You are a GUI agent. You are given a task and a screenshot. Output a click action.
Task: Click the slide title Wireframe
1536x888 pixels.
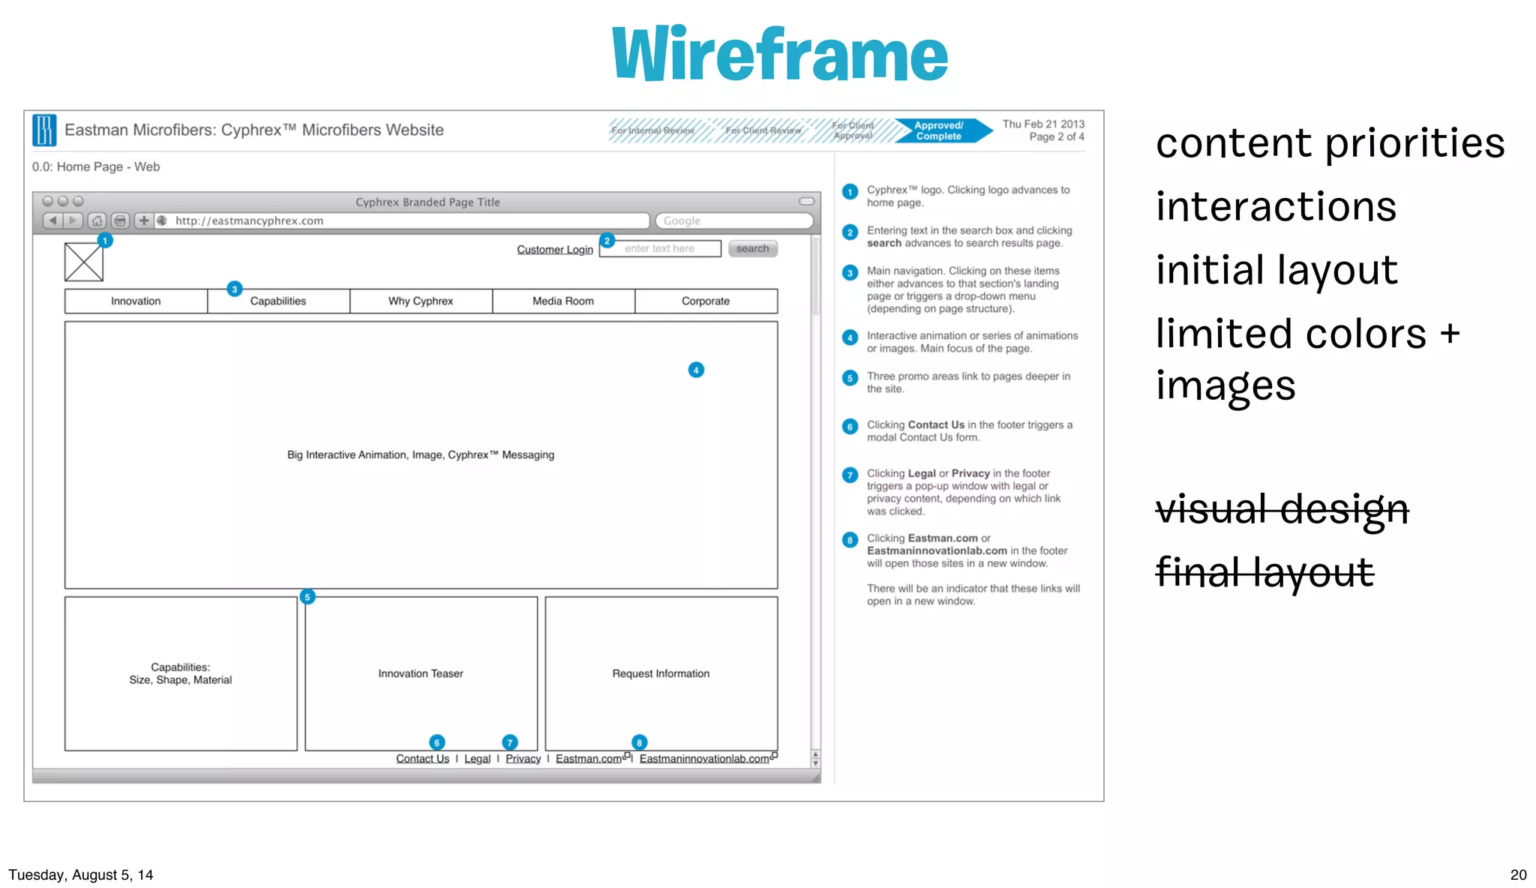(779, 53)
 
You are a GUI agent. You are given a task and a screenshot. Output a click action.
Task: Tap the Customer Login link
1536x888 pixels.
(554, 249)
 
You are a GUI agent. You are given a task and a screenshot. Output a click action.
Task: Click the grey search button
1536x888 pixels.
(752, 248)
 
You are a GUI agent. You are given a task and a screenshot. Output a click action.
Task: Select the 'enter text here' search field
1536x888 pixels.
(660, 248)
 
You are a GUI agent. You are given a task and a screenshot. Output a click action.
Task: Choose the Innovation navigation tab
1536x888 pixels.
(136, 301)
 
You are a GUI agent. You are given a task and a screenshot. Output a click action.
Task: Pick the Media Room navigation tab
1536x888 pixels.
(562, 301)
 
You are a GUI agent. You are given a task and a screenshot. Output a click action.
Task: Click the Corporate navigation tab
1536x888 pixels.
(705, 301)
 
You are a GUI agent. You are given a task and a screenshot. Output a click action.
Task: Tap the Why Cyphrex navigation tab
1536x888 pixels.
(420, 301)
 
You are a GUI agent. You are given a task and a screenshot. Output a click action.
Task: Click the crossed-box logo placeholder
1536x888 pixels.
(84, 262)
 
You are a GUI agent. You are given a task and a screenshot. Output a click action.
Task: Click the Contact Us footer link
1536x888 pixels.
(422, 758)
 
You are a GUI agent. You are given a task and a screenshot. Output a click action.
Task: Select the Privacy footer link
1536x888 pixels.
(523, 758)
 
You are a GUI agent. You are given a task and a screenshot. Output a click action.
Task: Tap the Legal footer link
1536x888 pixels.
(477, 758)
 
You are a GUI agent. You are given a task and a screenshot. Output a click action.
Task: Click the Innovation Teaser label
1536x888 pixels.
(420, 673)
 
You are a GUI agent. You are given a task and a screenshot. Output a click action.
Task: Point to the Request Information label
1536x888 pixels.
(660, 673)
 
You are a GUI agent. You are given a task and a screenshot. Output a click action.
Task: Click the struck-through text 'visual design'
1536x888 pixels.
(1282, 509)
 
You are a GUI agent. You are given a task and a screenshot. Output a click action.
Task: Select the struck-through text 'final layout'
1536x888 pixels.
(1264, 572)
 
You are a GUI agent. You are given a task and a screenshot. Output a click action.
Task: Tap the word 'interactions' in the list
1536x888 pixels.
(1276, 206)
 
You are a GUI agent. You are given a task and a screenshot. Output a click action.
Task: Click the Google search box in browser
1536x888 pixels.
(733, 220)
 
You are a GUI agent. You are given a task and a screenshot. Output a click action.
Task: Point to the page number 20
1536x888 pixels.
(1518, 874)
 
